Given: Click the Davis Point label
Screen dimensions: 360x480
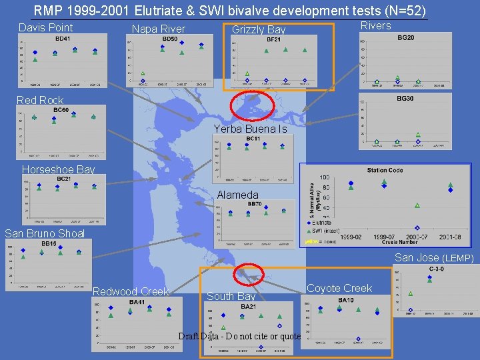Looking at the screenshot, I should click(x=45, y=27).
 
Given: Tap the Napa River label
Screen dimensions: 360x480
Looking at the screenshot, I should click(x=158, y=29).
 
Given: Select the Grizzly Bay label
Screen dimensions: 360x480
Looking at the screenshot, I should click(x=258, y=29).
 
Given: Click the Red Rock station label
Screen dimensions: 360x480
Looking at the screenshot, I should click(x=40, y=100).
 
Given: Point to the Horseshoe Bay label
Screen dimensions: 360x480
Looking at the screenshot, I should click(x=58, y=169).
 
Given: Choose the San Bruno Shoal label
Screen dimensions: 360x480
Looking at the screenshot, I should click(x=45, y=233).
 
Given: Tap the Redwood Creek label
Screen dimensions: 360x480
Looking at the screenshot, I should click(x=130, y=291).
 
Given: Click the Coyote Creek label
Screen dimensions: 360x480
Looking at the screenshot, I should click(x=339, y=288).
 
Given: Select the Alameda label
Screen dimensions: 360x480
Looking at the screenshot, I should click(x=237, y=195).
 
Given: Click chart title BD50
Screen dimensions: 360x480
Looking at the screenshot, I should click(x=169, y=39).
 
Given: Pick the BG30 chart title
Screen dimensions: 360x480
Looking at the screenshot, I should click(x=405, y=98).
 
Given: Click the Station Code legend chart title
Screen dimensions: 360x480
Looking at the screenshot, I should click(x=385, y=170).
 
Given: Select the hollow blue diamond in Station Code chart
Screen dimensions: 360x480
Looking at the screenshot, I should click(x=417, y=227).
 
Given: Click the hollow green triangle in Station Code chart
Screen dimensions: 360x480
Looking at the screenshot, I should click(x=417, y=205).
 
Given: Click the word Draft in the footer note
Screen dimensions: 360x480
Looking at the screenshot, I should click(x=189, y=336).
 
